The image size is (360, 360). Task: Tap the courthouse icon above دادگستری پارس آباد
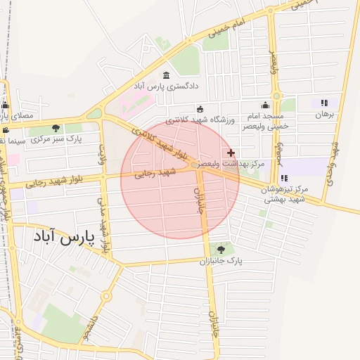(x=166, y=76)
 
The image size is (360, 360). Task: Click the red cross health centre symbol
(x=231, y=153)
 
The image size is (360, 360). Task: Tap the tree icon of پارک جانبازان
(x=222, y=250)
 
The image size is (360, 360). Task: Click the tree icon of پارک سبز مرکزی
(x=56, y=128)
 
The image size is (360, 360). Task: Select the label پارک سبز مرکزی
(x=57, y=139)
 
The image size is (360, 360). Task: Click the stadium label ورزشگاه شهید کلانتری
(x=200, y=120)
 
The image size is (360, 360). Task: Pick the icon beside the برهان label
(x=324, y=103)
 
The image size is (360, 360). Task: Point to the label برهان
(x=323, y=113)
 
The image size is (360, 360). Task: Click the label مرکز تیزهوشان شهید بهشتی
(x=284, y=194)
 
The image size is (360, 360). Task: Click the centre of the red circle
(x=180, y=179)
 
